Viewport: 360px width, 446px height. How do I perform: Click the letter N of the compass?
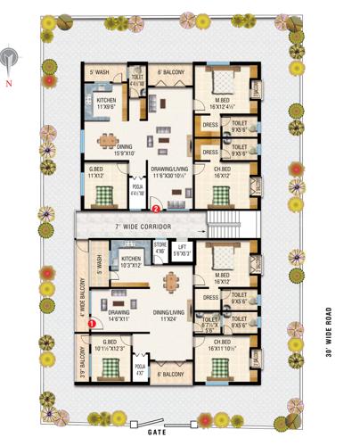[8, 82]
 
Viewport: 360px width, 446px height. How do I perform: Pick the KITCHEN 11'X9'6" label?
[107, 103]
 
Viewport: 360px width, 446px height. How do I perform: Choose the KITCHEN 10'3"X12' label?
[131, 260]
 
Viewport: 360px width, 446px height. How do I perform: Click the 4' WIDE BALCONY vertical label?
[82, 298]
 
